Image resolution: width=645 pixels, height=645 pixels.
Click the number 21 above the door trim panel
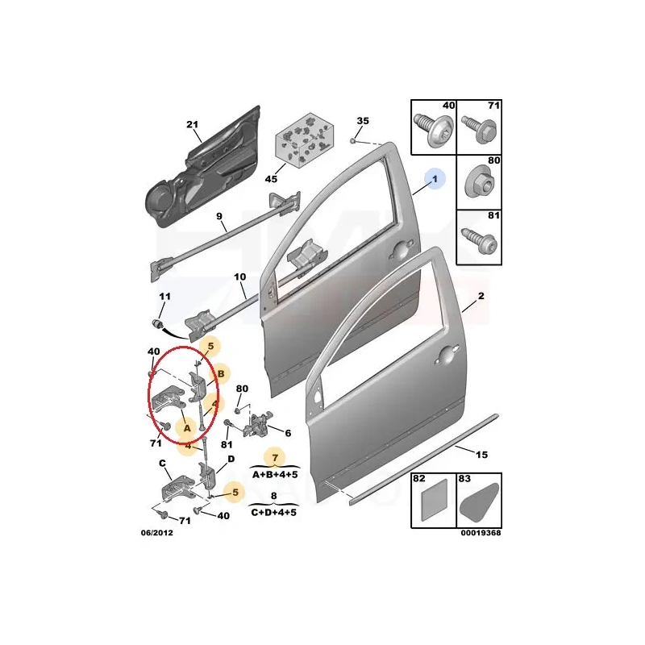click(192, 124)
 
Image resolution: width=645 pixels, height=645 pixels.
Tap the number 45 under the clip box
click(271, 179)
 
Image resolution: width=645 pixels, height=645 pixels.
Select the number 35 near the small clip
click(363, 121)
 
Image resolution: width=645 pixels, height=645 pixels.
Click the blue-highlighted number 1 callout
click(435, 179)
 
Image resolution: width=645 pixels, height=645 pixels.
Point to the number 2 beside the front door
click(481, 296)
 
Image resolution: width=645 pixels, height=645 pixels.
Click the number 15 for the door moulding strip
click(481, 455)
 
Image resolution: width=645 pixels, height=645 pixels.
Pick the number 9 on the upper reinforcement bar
click(219, 216)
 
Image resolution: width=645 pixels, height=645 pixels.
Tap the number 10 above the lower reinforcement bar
click(239, 277)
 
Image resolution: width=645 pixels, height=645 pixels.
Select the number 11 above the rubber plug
click(165, 296)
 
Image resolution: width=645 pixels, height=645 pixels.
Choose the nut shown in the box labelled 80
click(480, 184)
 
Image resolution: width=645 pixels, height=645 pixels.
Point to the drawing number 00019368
click(481, 533)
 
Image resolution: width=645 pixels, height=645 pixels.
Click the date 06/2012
click(157, 533)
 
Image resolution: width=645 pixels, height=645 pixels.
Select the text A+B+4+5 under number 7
click(275, 475)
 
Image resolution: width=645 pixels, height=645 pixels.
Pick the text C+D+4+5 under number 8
click(274, 513)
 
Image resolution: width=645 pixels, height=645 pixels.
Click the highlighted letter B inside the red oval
click(221, 374)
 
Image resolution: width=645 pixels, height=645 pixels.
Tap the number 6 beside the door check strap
click(288, 433)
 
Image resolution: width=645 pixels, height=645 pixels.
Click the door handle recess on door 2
click(447, 356)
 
